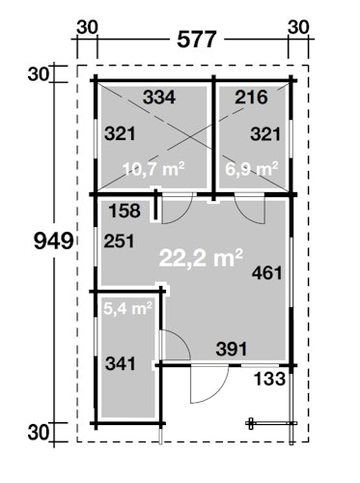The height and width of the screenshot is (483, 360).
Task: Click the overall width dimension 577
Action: (197, 40)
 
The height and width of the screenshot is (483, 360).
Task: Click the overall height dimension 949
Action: (54, 241)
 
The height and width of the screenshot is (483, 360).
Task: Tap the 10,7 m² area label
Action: (153, 168)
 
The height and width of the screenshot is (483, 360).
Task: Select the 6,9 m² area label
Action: (252, 168)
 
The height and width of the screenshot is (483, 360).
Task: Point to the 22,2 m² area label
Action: (201, 258)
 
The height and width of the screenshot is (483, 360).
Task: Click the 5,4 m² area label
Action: (127, 309)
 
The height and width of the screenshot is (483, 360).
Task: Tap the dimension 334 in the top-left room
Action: (159, 98)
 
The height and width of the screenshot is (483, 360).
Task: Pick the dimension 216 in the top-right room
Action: (251, 98)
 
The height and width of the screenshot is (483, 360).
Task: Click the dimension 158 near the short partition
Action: (125, 211)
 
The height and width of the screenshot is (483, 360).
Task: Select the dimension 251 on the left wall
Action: (119, 241)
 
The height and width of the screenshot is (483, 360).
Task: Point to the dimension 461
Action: (267, 273)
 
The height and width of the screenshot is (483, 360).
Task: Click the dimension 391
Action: (232, 349)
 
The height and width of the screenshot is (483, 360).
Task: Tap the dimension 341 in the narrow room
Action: (121, 364)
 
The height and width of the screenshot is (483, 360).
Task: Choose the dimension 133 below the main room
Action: (269, 379)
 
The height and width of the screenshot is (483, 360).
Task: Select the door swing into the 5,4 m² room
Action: (182, 338)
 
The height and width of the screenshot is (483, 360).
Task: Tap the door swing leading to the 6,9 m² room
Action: (243, 215)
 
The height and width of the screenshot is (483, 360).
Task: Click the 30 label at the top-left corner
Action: (87, 28)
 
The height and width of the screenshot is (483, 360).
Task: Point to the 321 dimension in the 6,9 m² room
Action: (265, 134)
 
